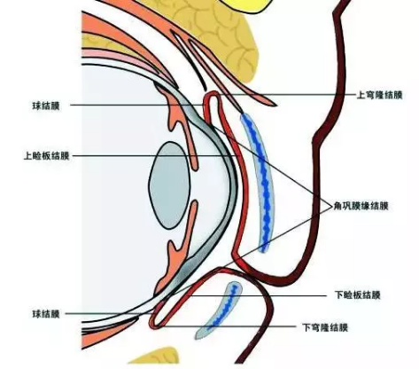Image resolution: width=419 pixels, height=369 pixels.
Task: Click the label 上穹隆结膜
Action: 379,95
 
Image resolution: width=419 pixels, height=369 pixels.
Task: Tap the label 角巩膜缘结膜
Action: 361,206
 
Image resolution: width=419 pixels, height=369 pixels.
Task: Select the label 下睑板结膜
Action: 357,295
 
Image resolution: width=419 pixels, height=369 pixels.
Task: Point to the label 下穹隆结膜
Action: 325,327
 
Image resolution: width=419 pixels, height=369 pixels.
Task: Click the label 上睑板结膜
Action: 46,155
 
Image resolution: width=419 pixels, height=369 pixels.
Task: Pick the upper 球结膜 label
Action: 46,106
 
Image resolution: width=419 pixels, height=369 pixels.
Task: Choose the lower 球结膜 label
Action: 46,314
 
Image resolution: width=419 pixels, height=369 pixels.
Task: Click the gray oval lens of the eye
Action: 169,185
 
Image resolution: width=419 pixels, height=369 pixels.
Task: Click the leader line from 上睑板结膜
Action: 155,155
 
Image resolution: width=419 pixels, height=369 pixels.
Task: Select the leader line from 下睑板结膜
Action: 258,295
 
